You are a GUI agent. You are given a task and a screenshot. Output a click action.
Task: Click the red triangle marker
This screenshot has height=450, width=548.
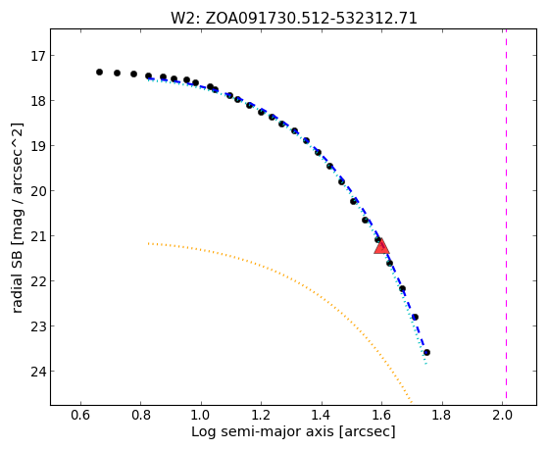coord(381,246)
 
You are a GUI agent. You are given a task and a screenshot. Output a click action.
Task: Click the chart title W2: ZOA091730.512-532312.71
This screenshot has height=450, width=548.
coord(294,19)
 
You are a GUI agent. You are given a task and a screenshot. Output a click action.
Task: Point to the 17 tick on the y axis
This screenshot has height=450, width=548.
coord(40,56)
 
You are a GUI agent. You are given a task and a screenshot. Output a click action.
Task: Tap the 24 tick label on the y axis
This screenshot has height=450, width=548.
coord(38,371)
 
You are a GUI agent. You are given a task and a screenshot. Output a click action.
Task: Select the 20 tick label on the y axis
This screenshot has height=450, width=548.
coord(38,191)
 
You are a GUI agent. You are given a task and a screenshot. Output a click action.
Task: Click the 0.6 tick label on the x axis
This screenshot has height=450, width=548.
coord(80,415)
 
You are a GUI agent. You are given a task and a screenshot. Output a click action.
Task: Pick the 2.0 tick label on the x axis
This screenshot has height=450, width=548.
coord(502,415)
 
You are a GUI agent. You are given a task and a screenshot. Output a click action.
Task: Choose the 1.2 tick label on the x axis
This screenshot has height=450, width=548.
coord(261,415)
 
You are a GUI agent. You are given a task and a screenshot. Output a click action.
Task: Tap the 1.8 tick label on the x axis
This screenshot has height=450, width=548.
coord(442,415)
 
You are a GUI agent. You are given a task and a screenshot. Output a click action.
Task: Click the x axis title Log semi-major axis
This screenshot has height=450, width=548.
coord(263,431)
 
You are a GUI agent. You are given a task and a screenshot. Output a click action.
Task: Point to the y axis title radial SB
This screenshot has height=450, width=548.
coord(17,283)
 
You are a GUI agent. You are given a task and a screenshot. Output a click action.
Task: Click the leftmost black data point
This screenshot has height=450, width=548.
coord(99,72)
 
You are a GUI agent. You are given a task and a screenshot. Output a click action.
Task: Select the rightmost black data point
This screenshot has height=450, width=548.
coord(426,352)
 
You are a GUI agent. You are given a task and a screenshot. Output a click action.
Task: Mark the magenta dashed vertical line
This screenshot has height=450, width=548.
coord(506,214)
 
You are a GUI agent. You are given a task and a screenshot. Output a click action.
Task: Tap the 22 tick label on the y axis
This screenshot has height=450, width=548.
coord(38,281)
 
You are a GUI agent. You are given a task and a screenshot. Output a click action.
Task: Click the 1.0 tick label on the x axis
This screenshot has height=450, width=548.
coord(201,415)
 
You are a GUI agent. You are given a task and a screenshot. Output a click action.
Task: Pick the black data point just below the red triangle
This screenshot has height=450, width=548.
coord(390,263)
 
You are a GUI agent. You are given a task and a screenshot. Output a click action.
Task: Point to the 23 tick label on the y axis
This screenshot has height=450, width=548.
coord(38,326)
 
